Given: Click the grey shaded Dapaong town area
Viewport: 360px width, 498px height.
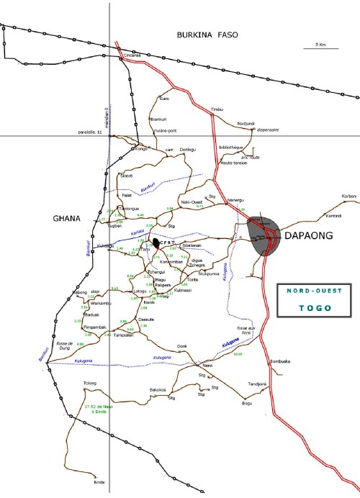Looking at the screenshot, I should pyautogui.click(x=263, y=236).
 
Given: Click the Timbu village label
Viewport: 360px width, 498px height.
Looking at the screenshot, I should pyautogui.click(x=217, y=109).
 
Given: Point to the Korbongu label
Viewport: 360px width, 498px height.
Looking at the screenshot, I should pyautogui.click(x=350, y=196).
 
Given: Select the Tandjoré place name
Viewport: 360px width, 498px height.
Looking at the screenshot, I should pyautogui.click(x=257, y=384).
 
